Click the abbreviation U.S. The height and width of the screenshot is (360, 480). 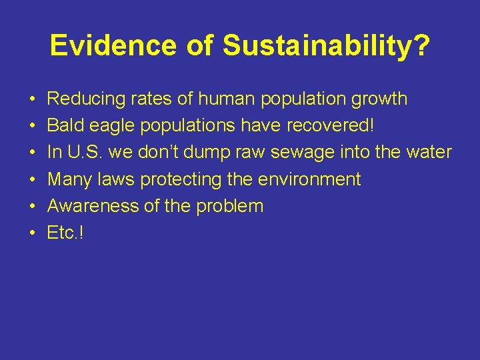pos(83,153)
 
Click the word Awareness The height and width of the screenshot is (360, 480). pos(93,206)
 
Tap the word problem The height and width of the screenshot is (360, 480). pos(230,206)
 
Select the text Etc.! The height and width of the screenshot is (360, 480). pos(65,233)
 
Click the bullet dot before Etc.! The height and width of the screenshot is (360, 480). pos(32,233)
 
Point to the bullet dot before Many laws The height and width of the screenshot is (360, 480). pos(32,180)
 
